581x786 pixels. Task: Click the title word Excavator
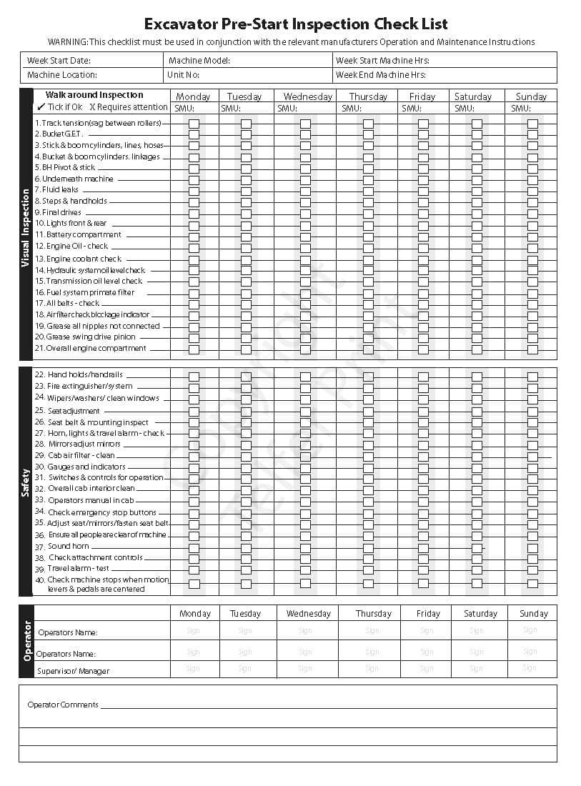183,25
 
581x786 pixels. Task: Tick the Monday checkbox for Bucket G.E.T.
194,134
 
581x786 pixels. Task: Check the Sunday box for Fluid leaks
532,190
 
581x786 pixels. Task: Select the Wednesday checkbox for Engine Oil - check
305,247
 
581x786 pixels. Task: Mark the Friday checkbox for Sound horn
423,547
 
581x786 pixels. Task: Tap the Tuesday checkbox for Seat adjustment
246,412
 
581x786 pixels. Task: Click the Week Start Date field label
59,61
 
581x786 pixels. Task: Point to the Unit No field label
183,75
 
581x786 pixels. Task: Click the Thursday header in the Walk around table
368,96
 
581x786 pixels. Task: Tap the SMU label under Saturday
464,109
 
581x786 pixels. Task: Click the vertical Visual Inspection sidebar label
26,228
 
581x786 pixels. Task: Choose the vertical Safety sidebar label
26,483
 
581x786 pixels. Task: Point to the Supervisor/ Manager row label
74,672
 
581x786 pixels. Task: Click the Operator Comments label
63,705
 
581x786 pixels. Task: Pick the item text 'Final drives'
61,213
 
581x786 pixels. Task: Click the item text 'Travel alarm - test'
78,569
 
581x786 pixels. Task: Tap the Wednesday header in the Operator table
308,614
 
